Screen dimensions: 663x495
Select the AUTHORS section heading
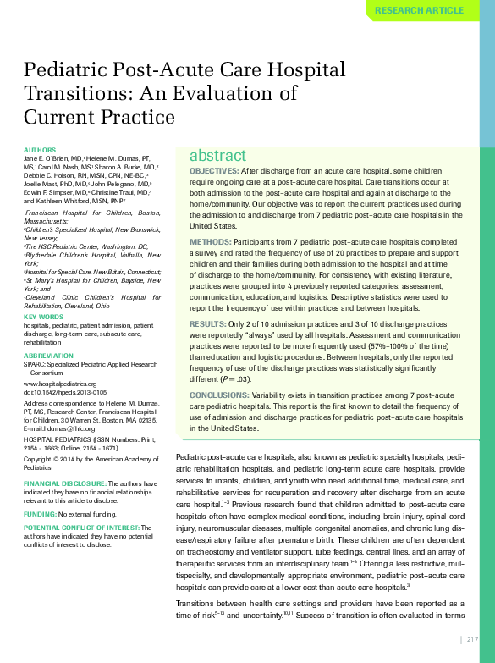pyautogui.click(x=40, y=150)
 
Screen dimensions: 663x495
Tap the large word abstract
pyautogui.click(x=217, y=156)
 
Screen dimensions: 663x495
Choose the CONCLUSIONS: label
pyautogui.click(x=218, y=395)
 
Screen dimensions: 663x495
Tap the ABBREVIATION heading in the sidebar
pyautogui.click(x=48, y=356)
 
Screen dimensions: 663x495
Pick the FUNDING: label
pyautogui.click(x=40, y=514)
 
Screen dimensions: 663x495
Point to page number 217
pyautogui.click(x=473, y=639)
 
